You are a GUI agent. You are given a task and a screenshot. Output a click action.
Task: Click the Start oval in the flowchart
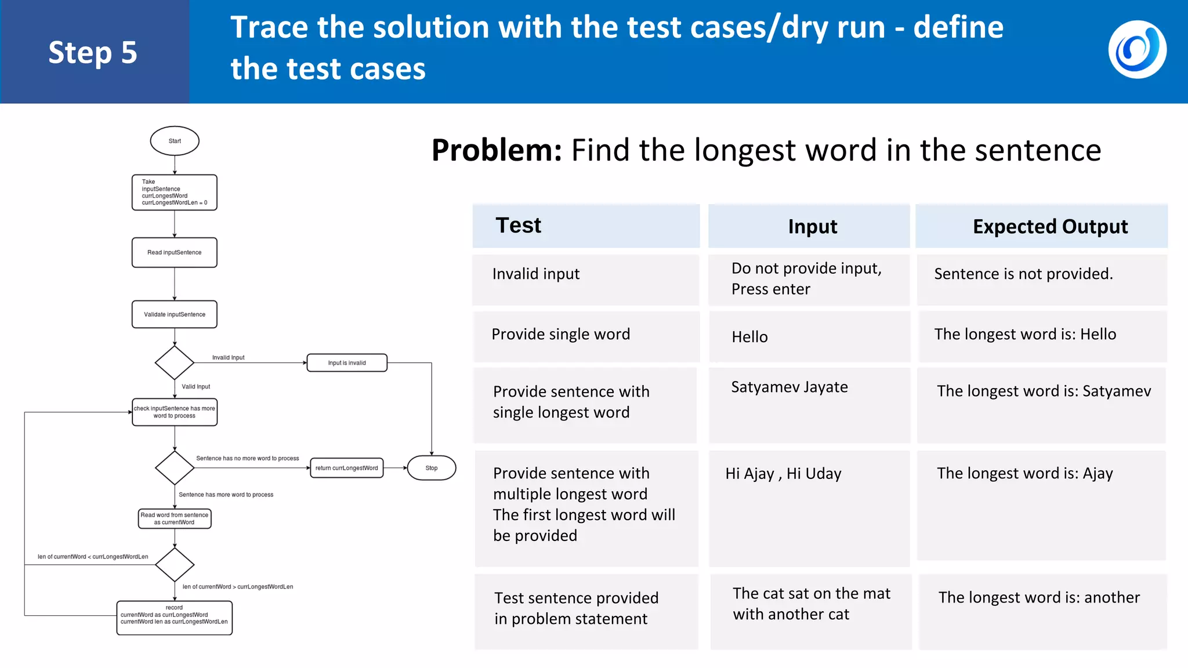pyautogui.click(x=175, y=141)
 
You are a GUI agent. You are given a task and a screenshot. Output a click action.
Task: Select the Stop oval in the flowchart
pyautogui.click(x=432, y=468)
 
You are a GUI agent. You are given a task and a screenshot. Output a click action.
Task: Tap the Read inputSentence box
pyautogui.click(x=175, y=252)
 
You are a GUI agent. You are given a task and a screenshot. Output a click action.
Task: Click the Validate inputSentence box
pyautogui.click(x=175, y=314)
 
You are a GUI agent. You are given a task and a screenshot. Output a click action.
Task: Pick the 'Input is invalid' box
pyautogui.click(x=347, y=363)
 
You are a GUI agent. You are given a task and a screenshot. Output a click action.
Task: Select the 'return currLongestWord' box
pyautogui.click(x=347, y=468)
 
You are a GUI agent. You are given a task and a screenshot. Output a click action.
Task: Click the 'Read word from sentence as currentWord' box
pyautogui.click(x=175, y=518)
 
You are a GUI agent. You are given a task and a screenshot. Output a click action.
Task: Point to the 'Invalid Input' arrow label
pyautogui.click(x=228, y=358)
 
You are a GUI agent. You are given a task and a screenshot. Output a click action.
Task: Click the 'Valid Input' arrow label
pyautogui.click(x=195, y=387)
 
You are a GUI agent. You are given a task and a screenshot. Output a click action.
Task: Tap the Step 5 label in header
pyautogui.click(x=93, y=53)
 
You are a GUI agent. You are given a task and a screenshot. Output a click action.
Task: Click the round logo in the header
pyautogui.click(x=1137, y=50)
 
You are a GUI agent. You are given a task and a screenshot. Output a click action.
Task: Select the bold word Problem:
pyautogui.click(x=497, y=151)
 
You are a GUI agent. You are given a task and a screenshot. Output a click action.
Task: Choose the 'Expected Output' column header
pyautogui.click(x=1050, y=227)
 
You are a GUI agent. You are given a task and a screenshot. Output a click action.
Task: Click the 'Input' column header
pyautogui.click(x=812, y=227)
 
